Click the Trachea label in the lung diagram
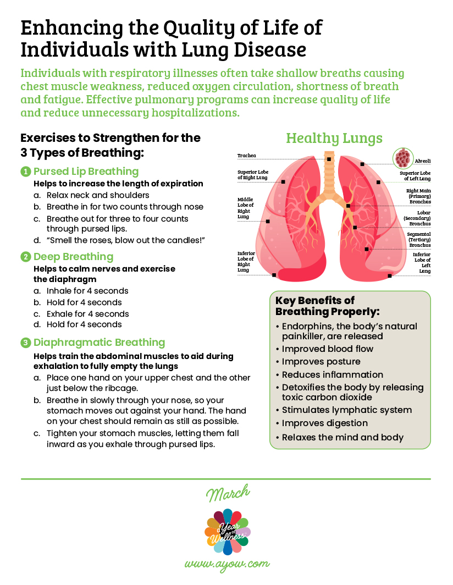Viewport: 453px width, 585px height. tap(247, 156)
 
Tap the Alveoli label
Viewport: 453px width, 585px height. tap(423, 161)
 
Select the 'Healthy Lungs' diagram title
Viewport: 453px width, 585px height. tap(334, 138)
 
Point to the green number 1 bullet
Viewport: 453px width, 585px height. tap(25, 172)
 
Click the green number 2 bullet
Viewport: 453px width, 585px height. tap(25, 257)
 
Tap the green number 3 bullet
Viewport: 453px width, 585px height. tap(25, 343)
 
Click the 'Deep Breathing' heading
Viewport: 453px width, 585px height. tap(73, 257)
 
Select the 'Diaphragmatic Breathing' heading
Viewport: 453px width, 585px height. tap(99, 343)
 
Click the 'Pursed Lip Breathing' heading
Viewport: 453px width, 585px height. tap(86, 172)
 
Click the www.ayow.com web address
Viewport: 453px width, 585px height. tap(226, 564)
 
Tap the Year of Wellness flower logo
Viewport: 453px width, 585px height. tap(226, 531)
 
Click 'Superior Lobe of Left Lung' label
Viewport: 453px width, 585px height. tap(415, 175)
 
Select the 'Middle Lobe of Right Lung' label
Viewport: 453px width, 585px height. tap(245, 208)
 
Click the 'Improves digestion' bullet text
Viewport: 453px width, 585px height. tap(325, 423)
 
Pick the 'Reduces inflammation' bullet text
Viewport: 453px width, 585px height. tap(333, 375)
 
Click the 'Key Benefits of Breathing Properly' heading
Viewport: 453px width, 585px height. tap(328, 306)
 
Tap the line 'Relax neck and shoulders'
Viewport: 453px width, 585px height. tap(98, 195)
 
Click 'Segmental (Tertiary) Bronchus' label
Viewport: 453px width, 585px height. tap(419, 239)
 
